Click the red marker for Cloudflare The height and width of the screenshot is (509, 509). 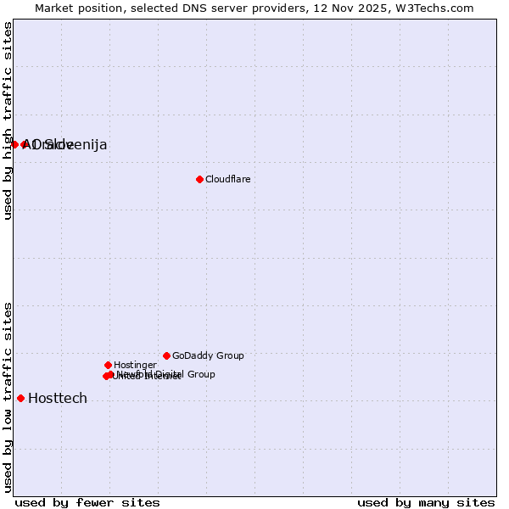199,179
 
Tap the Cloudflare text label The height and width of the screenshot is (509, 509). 227,179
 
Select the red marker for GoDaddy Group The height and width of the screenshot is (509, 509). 166,355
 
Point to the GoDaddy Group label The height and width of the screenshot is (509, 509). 208,355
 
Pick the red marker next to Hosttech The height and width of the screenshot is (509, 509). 20,398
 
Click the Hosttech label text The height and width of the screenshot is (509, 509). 58,399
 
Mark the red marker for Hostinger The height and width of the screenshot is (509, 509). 108,365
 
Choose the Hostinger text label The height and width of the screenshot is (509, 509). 135,365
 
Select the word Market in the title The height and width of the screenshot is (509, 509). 55,8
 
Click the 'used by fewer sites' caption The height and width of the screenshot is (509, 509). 87,502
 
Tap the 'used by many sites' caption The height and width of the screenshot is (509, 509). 426,502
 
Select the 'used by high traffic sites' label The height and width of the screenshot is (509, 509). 8,120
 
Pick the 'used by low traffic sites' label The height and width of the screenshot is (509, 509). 8,397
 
